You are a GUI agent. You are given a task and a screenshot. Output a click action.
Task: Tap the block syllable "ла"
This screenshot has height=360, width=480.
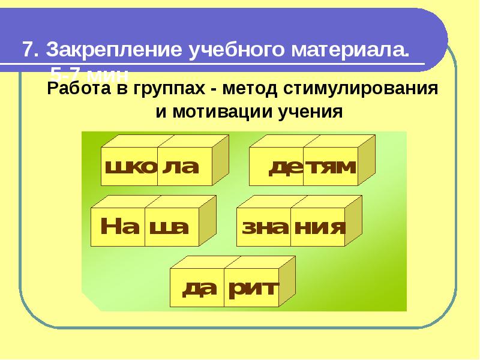(x=181, y=166)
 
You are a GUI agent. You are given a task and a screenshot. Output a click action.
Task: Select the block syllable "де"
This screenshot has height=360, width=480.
(x=285, y=166)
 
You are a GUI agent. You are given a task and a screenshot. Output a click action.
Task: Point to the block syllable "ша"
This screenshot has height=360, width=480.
(x=169, y=227)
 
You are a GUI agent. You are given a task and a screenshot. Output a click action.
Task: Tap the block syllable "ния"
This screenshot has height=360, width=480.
(x=319, y=227)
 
